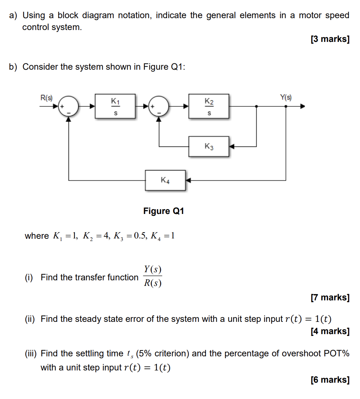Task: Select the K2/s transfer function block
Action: click(x=209, y=106)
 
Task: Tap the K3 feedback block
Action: click(x=209, y=146)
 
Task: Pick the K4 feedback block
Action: click(x=165, y=180)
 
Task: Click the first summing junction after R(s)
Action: click(x=69, y=106)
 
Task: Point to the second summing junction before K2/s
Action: click(x=159, y=106)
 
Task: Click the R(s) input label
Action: click(x=46, y=98)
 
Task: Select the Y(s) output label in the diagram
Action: click(x=286, y=98)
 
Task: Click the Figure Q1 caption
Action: click(x=163, y=211)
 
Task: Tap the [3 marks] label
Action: click(x=330, y=39)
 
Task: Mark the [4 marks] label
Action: click(x=330, y=331)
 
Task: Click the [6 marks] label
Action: click(x=330, y=379)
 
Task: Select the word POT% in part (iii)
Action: click(x=336, y=353)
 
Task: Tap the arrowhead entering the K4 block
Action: click(x=188, y=180)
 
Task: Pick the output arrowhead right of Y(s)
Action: click(x=302, y=106)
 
